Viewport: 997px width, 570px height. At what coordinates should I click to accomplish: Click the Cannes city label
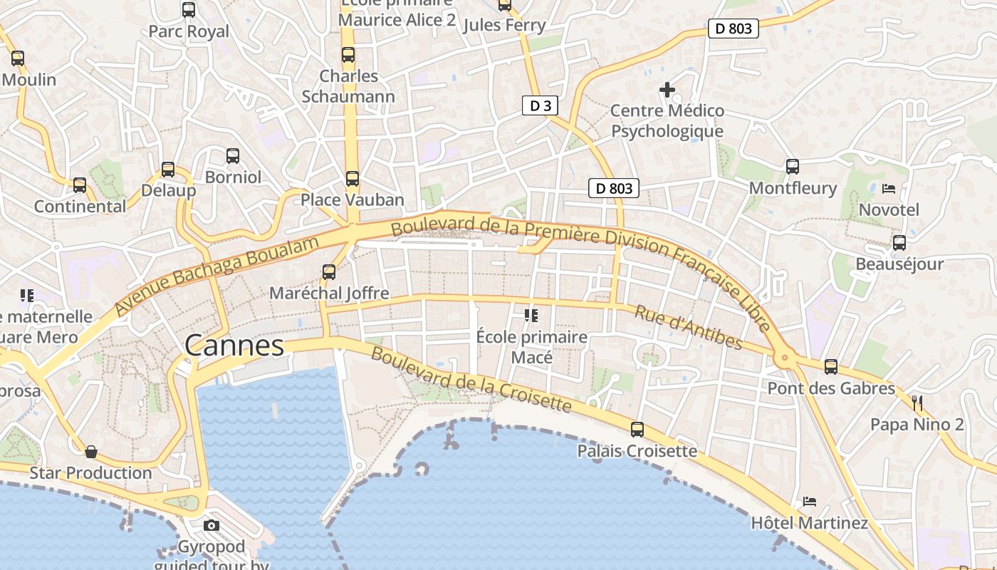coord(234,346)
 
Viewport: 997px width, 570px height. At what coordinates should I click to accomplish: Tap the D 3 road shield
coord(540,106)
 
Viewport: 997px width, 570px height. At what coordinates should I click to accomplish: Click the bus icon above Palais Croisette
coord(637,430)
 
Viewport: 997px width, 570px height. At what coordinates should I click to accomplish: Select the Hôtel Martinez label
coord(810,523)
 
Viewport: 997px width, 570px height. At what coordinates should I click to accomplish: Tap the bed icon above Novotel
coord(889,189)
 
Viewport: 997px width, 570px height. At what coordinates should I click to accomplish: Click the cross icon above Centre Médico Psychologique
coord(667,90)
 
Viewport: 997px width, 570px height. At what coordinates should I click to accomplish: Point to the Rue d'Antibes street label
coord(688,328)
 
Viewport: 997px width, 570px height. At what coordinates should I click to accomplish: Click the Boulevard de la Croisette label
coord(471,380)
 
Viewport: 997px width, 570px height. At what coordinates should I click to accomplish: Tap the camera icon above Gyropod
coord(212,526)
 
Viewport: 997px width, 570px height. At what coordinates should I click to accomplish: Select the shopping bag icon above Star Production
coord(91,452)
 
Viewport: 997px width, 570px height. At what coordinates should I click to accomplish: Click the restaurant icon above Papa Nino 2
coord(917,403)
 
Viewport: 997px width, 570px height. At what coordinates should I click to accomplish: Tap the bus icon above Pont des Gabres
coord(831,367)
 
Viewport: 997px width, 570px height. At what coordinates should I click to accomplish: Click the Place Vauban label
coord(352,199)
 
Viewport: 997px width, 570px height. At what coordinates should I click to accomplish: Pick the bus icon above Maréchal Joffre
coord(329,271)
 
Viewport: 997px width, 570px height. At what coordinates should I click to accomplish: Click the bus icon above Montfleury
coord(793,167)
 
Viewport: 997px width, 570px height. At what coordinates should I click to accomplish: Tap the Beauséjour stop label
coord(899,264)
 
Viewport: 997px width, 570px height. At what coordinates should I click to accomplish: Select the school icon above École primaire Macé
coord(531,315)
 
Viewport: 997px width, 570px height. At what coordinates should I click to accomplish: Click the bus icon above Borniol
coord(233,156)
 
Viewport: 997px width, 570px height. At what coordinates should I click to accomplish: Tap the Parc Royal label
coord(189,31)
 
